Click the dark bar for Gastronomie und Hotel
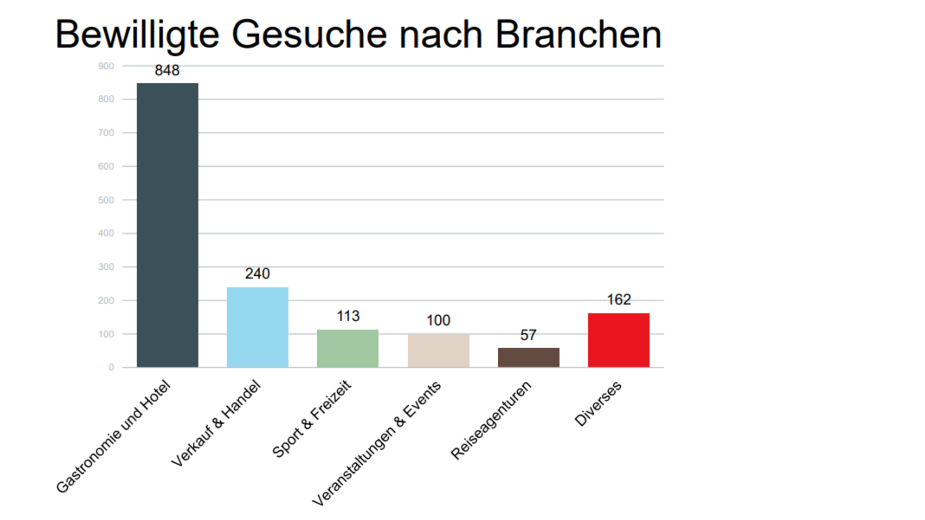[168, 225]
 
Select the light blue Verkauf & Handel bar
[258, 327]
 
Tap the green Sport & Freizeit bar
[348, 348]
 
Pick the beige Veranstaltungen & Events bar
[439, 350]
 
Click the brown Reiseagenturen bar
[529, 357]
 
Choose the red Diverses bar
[619, 340]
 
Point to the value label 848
[167, 70]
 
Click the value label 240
[257, 274]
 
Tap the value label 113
[348, 316]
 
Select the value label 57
[529, 335]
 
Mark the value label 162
[619, 300]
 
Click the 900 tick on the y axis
[106, 66]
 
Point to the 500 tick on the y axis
[106, 200]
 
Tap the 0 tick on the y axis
[112, 367]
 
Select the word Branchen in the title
[579, 35]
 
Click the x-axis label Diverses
[598, 404]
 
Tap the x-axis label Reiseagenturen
[491, 420]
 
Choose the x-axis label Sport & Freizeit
[312, 419]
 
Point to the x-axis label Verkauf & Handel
[216, 424]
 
